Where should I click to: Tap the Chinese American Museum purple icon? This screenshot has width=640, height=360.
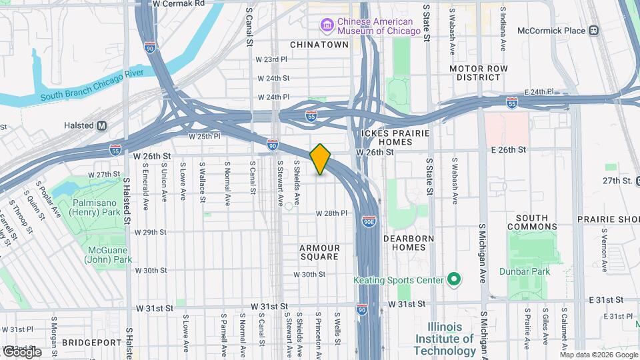pos(327,25)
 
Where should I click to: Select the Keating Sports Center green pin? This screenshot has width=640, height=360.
pos(453,279)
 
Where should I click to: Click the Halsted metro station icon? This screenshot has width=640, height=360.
pos(102,125)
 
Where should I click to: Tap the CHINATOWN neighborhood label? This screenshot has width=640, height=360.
pos(319,45)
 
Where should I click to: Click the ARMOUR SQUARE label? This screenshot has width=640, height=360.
pos(320,252)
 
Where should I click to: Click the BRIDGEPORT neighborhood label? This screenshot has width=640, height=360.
pos(89,342)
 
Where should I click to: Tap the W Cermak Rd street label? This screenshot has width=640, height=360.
pos(179,4)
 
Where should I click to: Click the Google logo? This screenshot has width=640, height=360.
pos(21,351)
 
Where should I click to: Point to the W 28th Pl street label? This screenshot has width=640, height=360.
pos(331,213)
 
